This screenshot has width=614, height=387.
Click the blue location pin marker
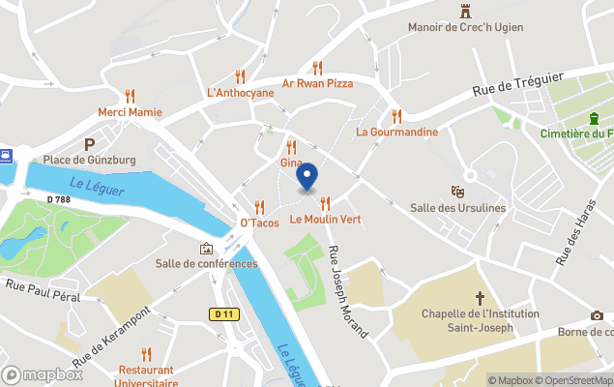[307, 178]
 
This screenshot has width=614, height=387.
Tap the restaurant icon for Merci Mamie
[130, 96]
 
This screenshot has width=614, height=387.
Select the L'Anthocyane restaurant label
[240, 93]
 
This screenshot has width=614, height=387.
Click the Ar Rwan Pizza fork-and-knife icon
[317, 68]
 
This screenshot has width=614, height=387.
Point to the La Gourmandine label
[396, 132]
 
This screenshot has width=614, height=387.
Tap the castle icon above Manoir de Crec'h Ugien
[465, 12]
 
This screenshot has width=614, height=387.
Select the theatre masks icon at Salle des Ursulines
[457, 192]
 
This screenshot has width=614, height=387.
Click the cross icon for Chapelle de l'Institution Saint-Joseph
[480, 298]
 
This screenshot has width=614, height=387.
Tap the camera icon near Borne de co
[597, 316]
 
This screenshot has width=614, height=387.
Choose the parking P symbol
[90, 142]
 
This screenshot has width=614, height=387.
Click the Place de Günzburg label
[89, 159]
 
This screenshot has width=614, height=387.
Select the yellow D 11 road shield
[224, 313]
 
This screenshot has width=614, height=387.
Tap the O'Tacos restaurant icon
[259, 206]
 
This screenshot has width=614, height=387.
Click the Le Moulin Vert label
[325, 220]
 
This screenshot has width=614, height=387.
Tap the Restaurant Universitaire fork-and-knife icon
[146, 354]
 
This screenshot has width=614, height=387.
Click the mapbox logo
[43, 374]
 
